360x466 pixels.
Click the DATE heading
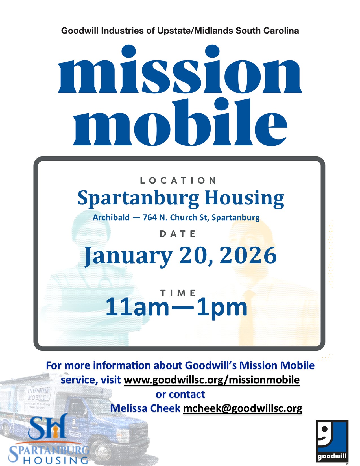(178, 234)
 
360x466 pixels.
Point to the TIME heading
(178, 293)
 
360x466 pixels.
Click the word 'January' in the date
(129, 256)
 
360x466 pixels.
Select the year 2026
(248, 255)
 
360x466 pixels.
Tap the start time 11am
(138, 307)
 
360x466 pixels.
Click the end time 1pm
(222, 309)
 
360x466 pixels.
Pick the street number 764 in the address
(150, 217)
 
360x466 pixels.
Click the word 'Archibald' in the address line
(111, 217)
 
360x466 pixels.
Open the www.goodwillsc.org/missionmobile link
(212, 380)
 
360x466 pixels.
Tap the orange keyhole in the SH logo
(56, 433)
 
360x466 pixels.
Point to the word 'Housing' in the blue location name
(245, 199)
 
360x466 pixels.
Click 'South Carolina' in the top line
(267, 31)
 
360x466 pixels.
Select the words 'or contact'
(180, 394)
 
